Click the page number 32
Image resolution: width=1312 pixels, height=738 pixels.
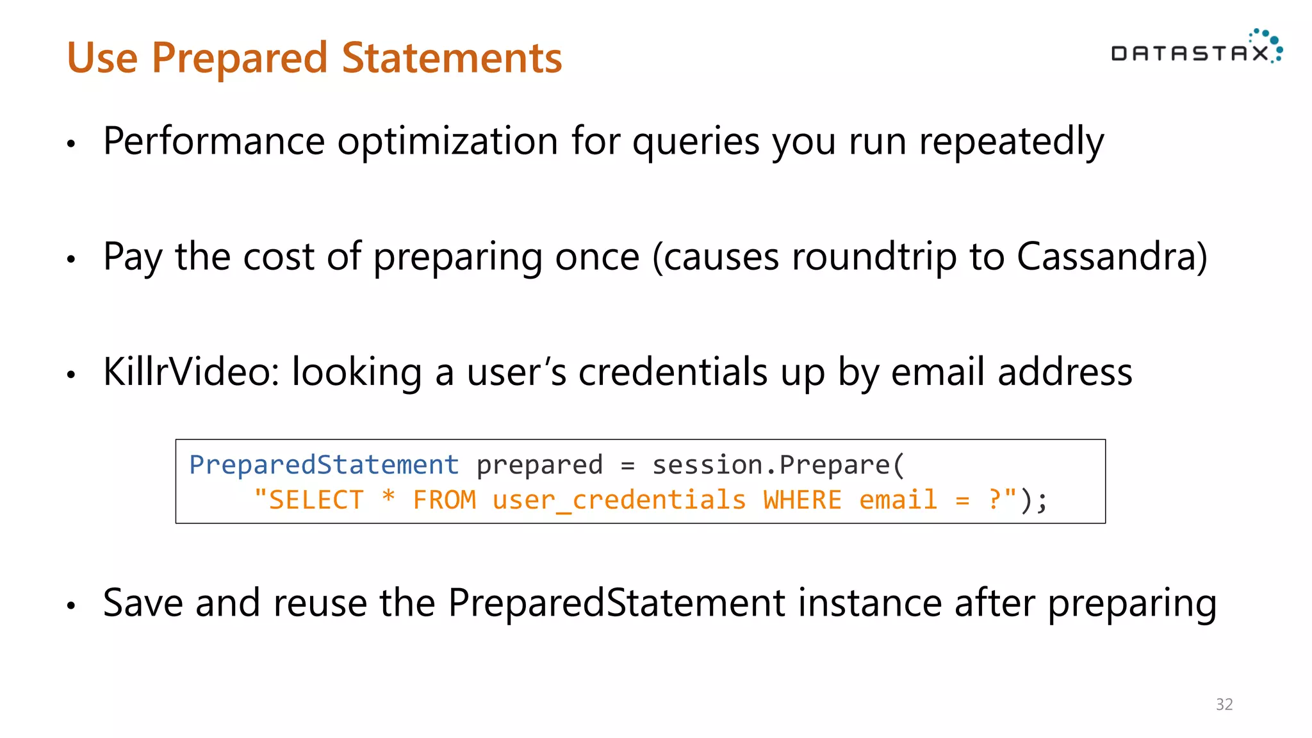[1224, 705]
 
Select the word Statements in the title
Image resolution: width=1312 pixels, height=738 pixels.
[452, 58]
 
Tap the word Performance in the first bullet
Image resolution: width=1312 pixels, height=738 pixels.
[214, 141]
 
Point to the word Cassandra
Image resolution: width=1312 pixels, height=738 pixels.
[1112, 256]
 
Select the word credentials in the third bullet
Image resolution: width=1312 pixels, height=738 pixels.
[673, 372]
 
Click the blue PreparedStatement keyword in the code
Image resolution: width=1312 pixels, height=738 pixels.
[324, 465]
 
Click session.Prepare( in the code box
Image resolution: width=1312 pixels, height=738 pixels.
[778, 465]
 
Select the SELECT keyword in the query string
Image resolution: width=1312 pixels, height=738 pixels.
[316, 500]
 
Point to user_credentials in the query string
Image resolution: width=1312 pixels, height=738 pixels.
[619, 500]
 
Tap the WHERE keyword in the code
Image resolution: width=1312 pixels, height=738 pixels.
[802, 500]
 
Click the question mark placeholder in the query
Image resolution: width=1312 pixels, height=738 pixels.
[995, 499]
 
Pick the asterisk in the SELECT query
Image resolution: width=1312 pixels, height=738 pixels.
[388, 497]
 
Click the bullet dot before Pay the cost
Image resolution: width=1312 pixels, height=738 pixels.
[71, 259]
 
